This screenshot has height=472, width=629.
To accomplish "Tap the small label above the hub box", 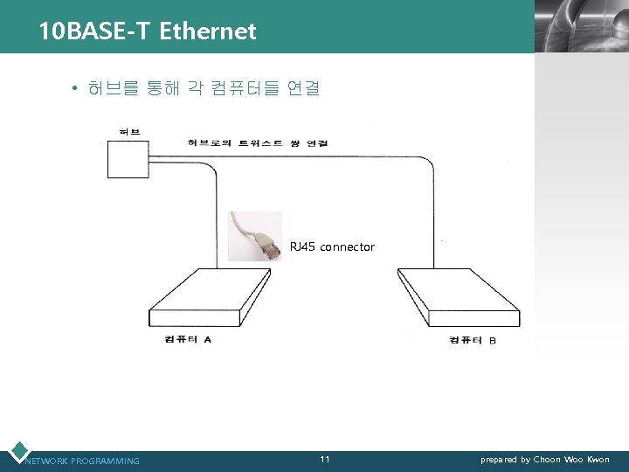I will coord(130,132).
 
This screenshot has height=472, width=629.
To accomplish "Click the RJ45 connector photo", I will coord(255,237).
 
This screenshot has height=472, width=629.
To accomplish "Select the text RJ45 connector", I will coord(332,247).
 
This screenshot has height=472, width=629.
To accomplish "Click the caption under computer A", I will coord(187,339).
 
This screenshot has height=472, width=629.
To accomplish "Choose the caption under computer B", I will coord(473,339).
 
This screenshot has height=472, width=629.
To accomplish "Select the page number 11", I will coord(325,460).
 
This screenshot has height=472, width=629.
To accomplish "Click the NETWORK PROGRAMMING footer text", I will coord(82,461).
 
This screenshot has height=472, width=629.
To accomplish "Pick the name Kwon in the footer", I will coord(598,460).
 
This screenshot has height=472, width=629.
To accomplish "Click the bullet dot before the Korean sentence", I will coord(77,89).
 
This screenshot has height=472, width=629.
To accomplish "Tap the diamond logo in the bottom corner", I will coord(17,452).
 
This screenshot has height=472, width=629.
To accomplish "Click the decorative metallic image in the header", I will coord(581,26).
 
